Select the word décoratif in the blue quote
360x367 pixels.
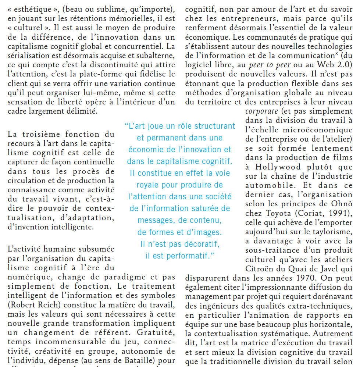199,243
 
